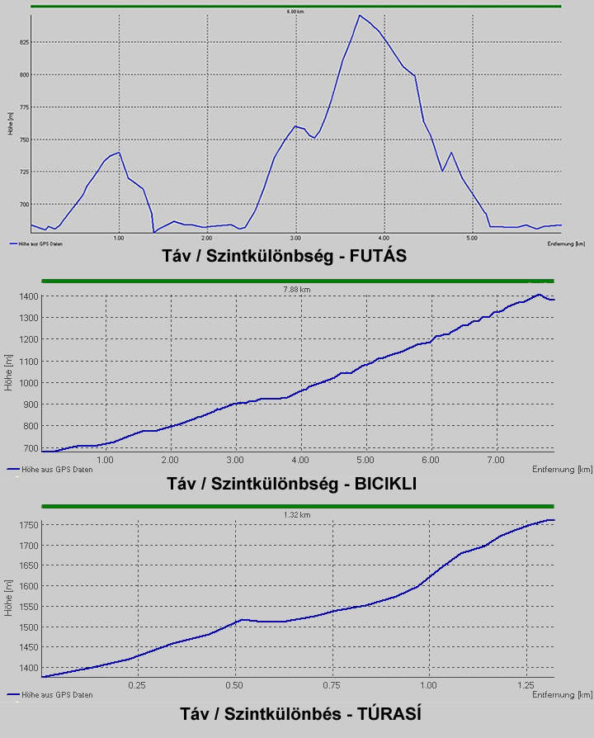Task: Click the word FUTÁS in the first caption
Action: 379,256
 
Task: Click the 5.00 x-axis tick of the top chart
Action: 471,238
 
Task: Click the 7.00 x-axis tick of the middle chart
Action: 497,460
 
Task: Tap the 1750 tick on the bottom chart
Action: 27,525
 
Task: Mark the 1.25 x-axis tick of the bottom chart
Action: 526,686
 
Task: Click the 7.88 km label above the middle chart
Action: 296,290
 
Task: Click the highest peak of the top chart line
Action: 360,16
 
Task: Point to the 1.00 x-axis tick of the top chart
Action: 119,238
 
